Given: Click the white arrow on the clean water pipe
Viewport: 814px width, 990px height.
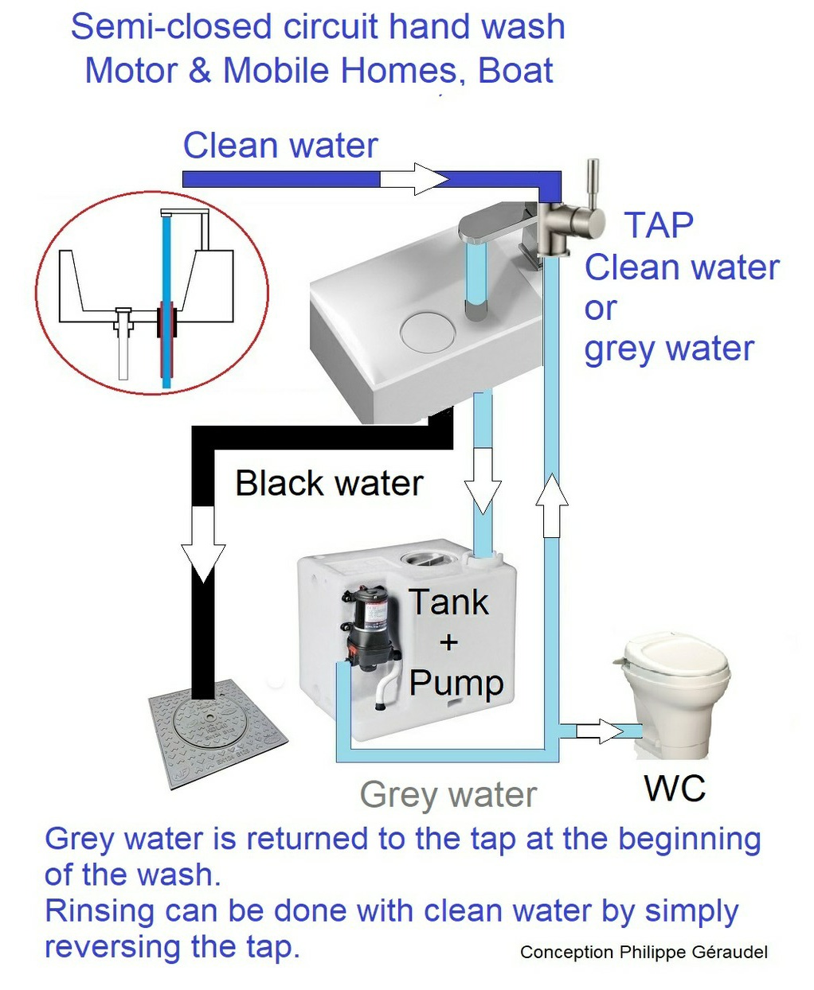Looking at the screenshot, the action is tap(414, 179).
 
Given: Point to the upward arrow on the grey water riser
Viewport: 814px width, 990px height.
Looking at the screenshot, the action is tap(552, 505).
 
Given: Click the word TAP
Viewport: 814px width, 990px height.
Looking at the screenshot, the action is tap(659, 225).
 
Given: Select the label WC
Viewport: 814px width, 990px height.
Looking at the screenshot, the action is tap(675, 788).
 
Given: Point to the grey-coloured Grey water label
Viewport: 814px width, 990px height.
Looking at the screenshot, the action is tap(448, 795).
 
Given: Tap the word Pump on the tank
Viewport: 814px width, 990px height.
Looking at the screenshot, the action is tap(456, 684).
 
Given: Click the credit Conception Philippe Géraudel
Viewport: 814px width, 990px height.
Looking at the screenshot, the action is tap(644, 952).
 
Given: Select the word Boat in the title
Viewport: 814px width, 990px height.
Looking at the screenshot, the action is tap(515, 70).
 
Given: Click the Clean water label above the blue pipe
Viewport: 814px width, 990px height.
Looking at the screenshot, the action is tap(280, 145).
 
